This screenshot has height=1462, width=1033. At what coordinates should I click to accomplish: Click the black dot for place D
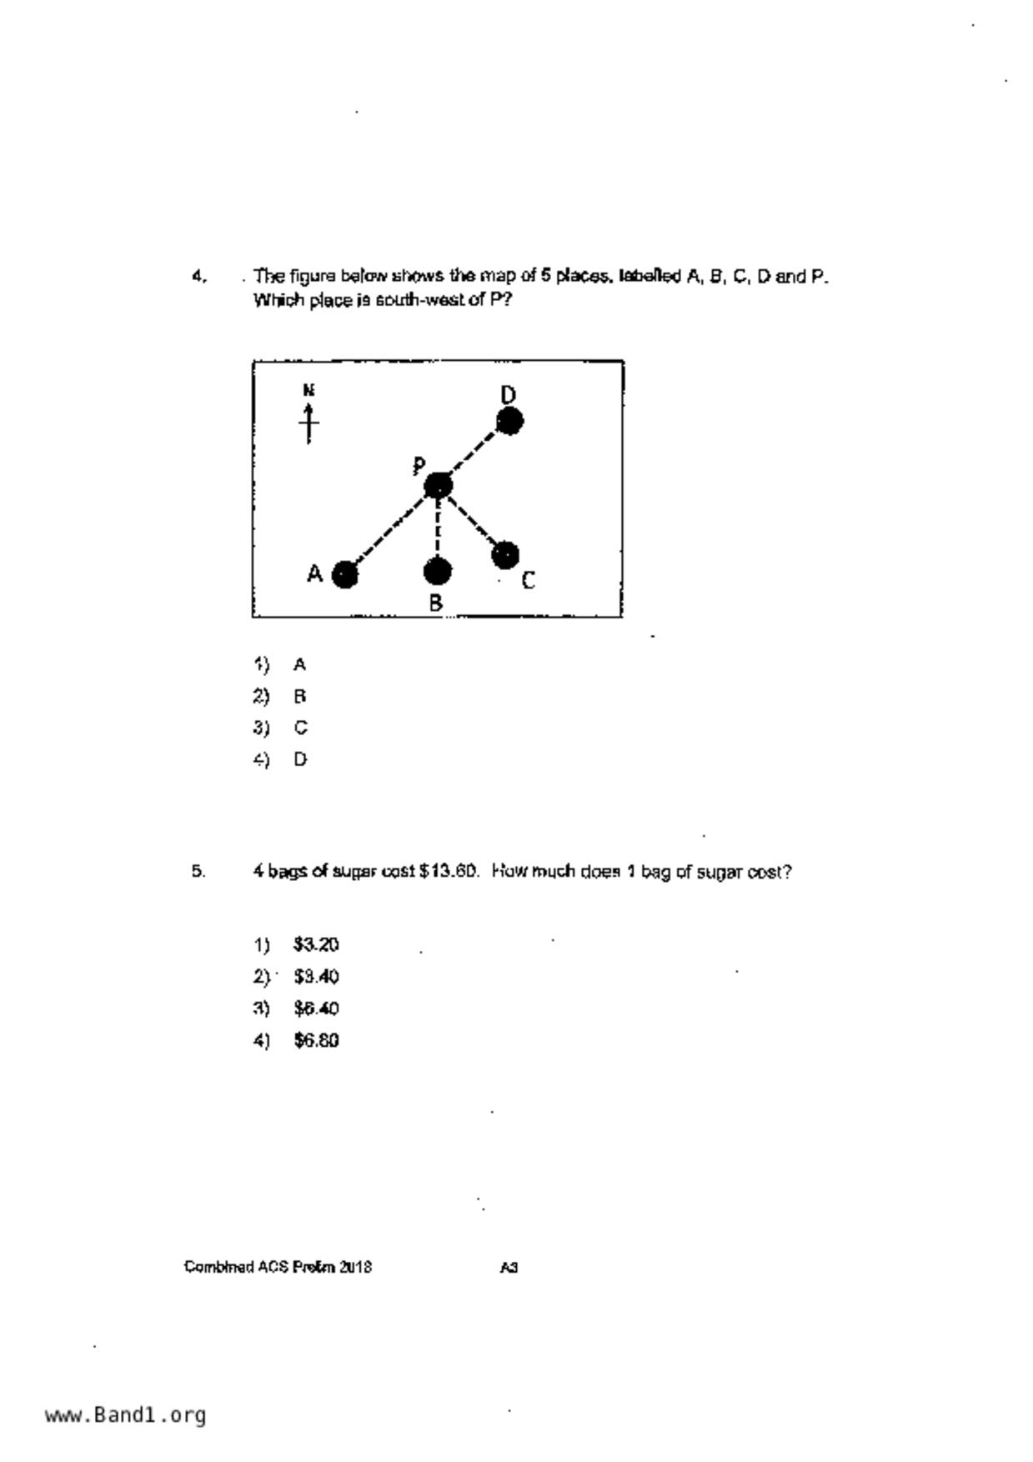(x=509, y=422)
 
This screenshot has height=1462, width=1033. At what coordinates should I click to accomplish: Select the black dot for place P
(x=439, y=486)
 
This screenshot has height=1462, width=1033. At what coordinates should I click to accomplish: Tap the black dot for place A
(x=345, y=574)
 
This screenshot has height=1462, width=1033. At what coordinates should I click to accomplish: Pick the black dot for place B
(x=438, y=572)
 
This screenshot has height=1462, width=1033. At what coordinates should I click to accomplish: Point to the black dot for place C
(x=505, y=554)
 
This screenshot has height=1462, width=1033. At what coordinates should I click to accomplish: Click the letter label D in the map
(x=509, y=394)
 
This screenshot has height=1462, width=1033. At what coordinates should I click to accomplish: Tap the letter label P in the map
(x=419, y=466)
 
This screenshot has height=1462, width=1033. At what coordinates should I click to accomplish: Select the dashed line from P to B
(x=438, y=529)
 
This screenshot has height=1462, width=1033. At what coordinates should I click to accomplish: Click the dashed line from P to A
(x=390, y=531)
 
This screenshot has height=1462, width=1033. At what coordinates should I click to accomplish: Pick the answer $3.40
(x=316, y=977)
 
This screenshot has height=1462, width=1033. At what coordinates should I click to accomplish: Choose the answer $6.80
(x=316, y=1041)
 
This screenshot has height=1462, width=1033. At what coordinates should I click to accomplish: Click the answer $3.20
(x=316, y=945)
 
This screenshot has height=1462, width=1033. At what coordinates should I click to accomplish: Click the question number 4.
(x=198, y=276)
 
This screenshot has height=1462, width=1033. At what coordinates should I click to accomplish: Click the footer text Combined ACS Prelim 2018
(x=278, y=1268)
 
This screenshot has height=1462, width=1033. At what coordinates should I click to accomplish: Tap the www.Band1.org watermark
(x=125, y=1415)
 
